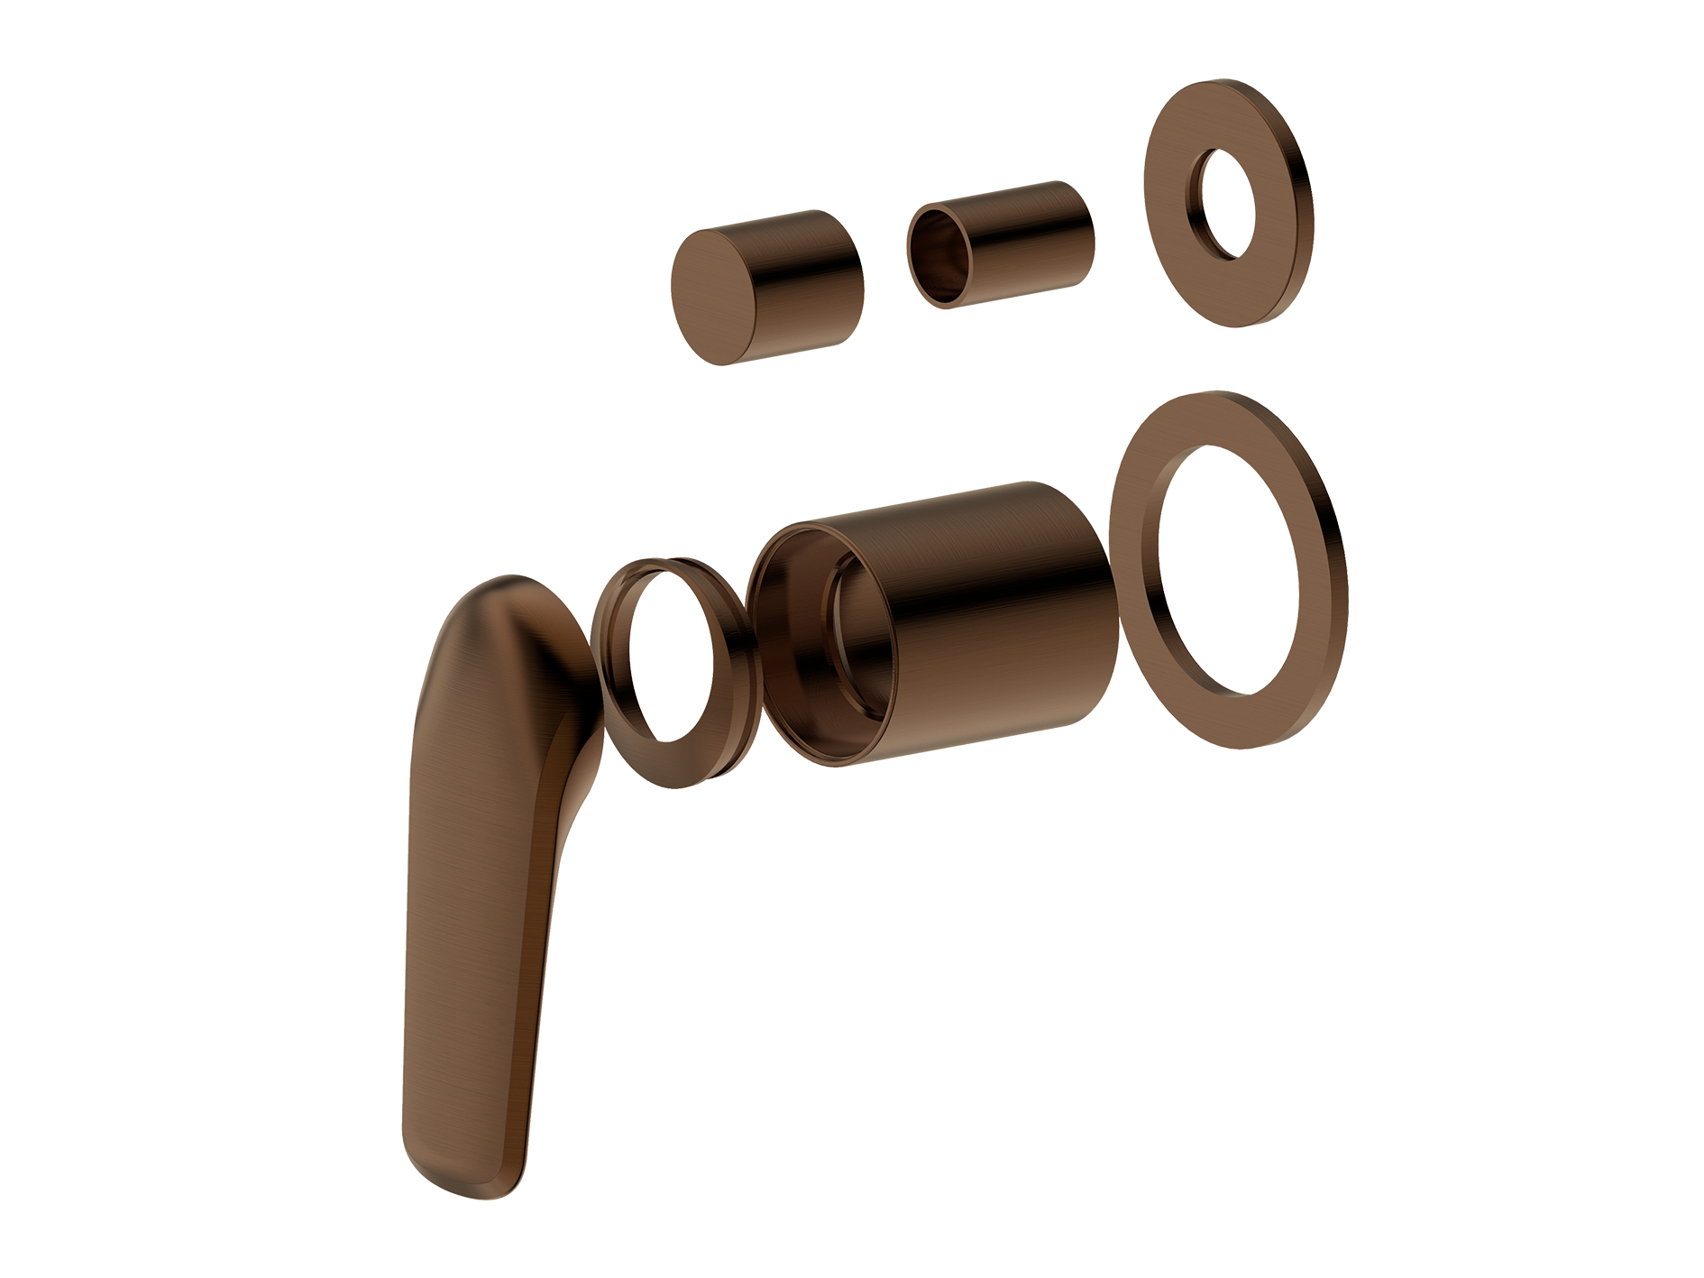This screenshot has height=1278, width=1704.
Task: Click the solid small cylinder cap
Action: pos(766,287)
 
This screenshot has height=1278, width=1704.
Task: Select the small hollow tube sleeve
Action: pos(1001,244)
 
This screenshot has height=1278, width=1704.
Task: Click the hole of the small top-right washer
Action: pos(1226,204)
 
